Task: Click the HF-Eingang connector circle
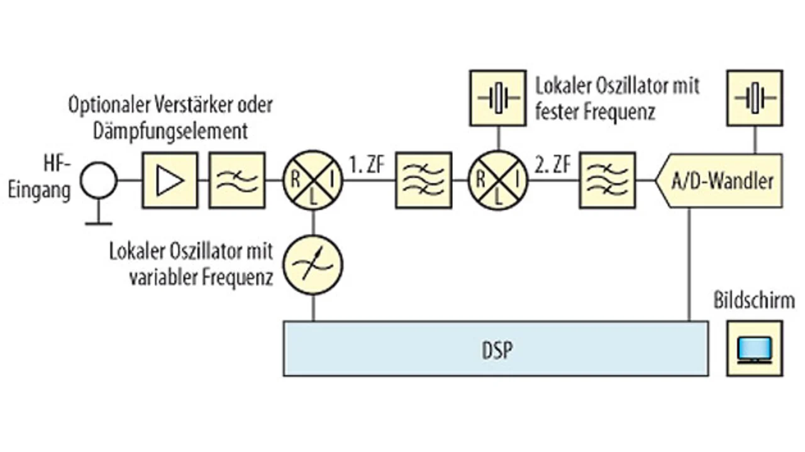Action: point(98,180)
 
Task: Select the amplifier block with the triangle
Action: point(169,180)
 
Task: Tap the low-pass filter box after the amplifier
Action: point(236,180)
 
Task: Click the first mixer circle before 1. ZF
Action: point(313,180)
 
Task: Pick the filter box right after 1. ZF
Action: point(423,180)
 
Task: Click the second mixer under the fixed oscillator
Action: point(498,180)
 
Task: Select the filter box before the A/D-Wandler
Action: point(607,180)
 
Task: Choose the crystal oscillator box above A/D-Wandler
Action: point(755,97)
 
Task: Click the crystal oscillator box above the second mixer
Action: point(498,97)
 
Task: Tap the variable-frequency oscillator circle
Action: point(313,263)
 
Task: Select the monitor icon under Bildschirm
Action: point(755,349)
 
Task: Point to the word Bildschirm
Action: point(753,300)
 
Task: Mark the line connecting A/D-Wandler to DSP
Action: point(690,264)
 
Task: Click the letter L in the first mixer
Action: point(313,196)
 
